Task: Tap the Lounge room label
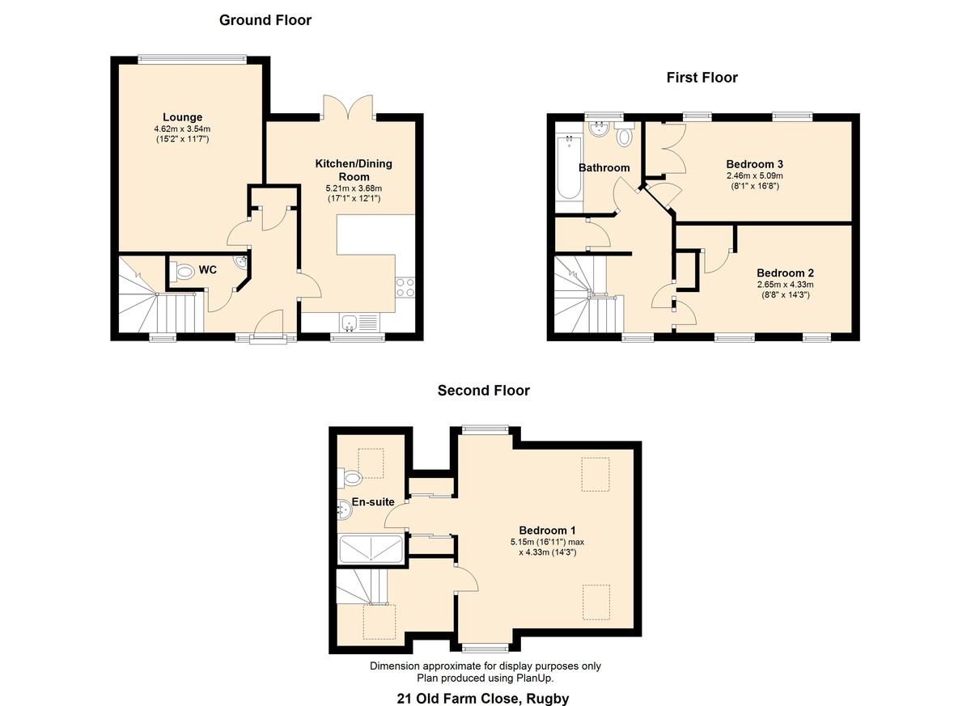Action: coord(183,117)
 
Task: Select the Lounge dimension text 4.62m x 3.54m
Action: coord(183,129)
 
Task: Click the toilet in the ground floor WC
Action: coord(183,272)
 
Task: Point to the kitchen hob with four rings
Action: coord(405,287)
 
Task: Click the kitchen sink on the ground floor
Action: coord(359,323)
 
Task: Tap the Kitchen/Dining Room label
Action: coord(354,170)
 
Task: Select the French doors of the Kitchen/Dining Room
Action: coord(348,107)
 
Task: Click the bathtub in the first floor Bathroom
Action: coord(569,167)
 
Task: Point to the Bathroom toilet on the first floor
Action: coord(624,133)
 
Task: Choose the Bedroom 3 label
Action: coord(755,164)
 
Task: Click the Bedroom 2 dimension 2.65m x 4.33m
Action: coord(786,285)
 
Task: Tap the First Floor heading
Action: coord(702,78)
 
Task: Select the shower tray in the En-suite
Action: coord(371,549)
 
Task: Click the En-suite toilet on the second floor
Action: coord(350,478)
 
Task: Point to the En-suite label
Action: coord(373,501)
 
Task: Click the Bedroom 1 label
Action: coord(548,531)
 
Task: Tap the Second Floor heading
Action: coord(483,391)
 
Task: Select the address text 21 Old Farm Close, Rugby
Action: coord(483,698)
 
